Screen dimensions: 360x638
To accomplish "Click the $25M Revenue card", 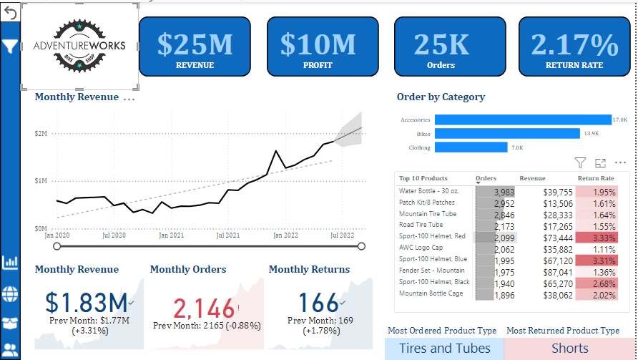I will point(195,47).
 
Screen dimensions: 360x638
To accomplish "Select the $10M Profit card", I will point(318,47).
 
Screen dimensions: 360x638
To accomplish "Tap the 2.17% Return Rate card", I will point(574,47).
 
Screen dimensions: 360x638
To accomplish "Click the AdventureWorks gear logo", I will point(79,46).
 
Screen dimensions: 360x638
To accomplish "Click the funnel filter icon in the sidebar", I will point(9,47).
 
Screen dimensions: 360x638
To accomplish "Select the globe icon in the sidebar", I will point(10,293).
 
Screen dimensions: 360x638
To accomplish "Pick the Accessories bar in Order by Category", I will point(522,120).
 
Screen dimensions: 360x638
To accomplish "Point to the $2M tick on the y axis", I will point(41,134).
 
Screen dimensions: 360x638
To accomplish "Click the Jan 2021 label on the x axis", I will point(172,235).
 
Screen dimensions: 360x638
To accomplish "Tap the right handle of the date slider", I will point(361,246).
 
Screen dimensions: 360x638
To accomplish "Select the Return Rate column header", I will point(595,178).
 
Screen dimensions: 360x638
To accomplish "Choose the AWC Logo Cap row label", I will point(421,248).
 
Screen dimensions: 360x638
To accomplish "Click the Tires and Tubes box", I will point(444,349).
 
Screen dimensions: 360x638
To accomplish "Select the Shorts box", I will point(570,349).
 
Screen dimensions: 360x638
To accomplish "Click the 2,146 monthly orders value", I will point(204,308).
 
